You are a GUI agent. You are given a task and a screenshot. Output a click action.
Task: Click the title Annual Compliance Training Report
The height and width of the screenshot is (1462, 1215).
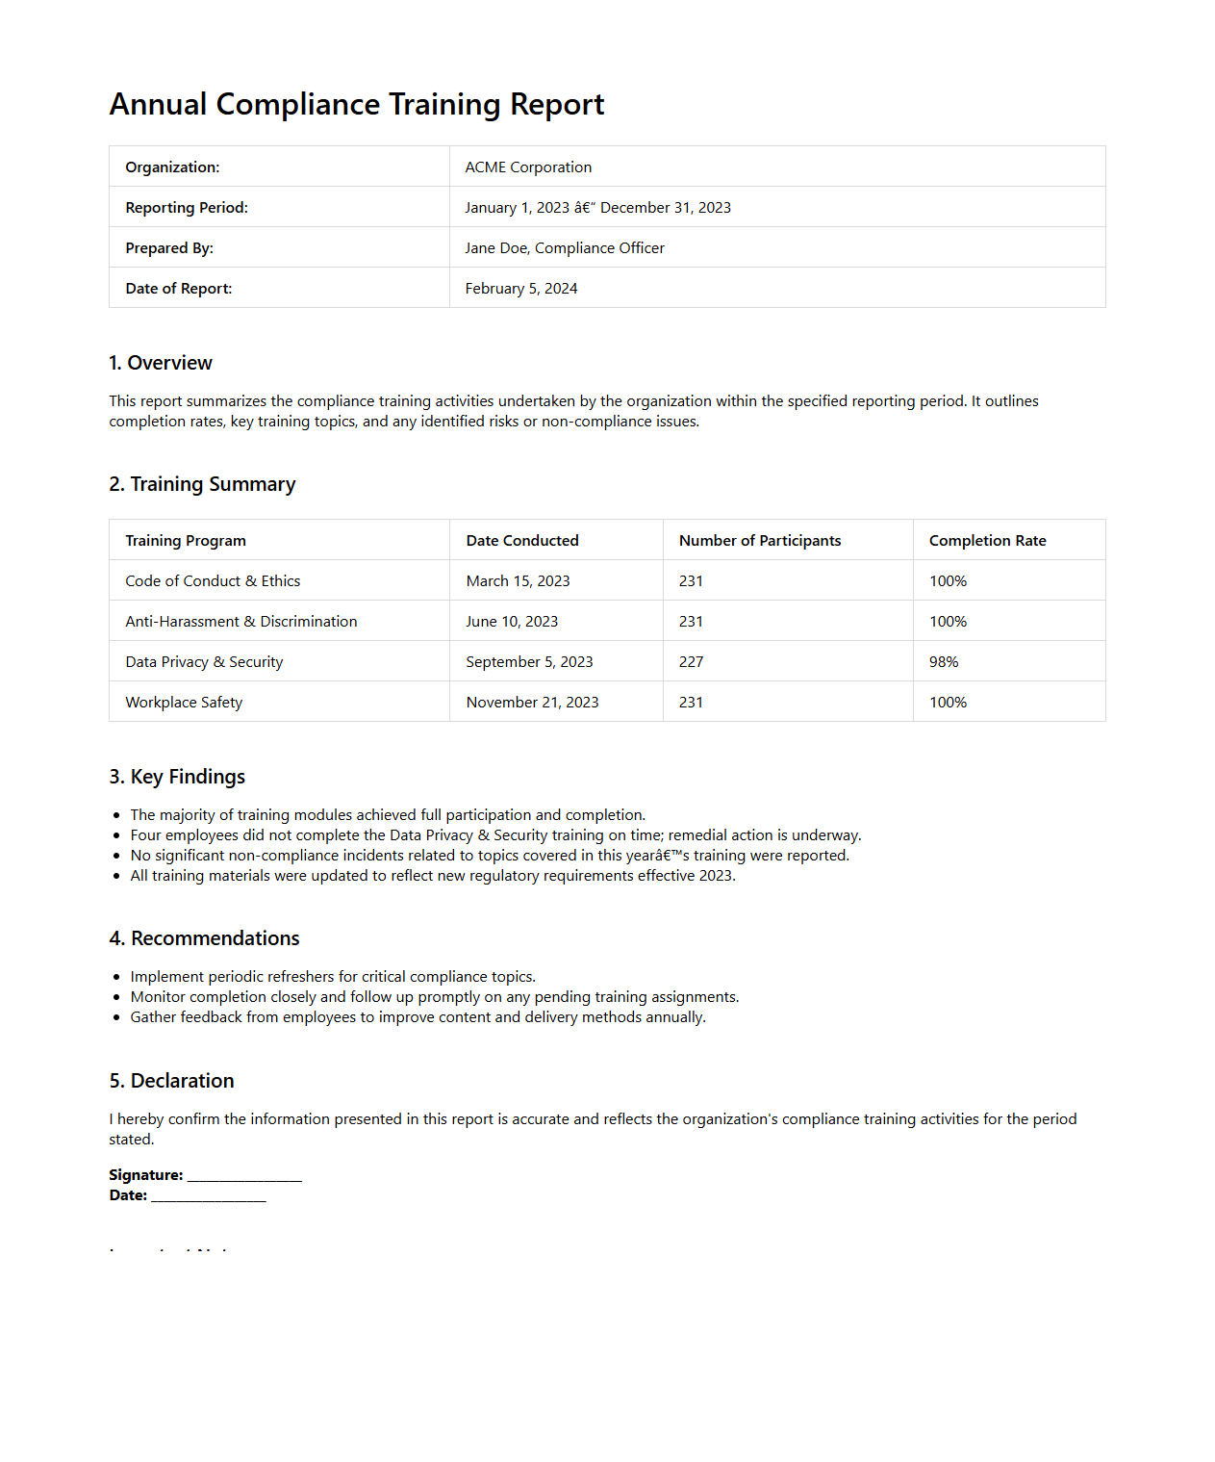pyautogui.click(x=356, y=104)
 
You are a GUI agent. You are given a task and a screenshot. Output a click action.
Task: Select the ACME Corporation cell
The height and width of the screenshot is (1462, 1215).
pyautogui.click(x=528, y=167)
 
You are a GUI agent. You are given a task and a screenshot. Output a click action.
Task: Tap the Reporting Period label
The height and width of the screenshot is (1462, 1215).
pyautogui.click(x=187, y=208)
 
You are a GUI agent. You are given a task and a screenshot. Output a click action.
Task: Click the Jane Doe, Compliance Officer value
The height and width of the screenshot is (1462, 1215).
pyautogui.click(x=565, y=248)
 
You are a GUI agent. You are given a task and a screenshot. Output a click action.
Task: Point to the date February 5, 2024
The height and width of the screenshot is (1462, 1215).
pyautogui.click(x=521, y=289)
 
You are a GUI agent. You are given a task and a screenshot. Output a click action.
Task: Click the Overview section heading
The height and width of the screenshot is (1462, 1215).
pyautogui.click(x=161, y=363)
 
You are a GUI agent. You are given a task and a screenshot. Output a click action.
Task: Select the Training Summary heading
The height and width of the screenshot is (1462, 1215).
pyautogui.click(x=202, y=484)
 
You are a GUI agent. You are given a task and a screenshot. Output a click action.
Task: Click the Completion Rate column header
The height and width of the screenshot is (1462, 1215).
pyautogui.click(x=987, y=541)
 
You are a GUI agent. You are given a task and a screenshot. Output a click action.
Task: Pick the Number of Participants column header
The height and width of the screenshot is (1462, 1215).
pyautogui.click(x=759, y=541)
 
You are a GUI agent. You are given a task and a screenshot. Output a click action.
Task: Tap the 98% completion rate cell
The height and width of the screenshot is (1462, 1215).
pyautogui.click(x=944, y=662)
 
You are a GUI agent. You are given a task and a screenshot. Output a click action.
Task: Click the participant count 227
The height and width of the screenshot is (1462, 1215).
pyautogui.click(x=691, y=662)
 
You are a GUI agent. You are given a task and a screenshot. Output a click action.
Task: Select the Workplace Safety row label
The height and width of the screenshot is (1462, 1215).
pyautogui.click(x=184, y=703)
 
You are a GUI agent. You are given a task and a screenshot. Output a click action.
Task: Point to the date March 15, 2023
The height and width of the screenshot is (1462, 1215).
pyautogui.click(x=518, y=581)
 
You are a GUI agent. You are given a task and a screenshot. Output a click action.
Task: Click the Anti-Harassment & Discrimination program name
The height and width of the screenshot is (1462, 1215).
pyautogui.click(x=241, y=622)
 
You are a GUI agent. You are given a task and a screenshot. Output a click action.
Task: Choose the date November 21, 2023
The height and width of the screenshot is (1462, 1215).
pyautogui.click(x=532, y=703)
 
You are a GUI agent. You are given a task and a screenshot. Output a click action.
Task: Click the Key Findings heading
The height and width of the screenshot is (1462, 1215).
pyautogui.click(x=177, y=777)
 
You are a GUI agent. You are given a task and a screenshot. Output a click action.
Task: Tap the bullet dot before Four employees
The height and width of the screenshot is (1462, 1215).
pyautogui.click(x=116, y=836)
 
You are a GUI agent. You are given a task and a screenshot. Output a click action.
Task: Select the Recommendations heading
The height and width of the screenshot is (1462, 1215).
pyautogui.click(x=204, y=938)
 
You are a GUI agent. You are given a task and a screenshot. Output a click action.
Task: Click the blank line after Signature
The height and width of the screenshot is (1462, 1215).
pyautogui.click(x=244, y=1177)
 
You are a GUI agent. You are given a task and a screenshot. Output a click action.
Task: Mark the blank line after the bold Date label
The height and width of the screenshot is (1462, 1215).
pyautogui.click(x=209, y=1197)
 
